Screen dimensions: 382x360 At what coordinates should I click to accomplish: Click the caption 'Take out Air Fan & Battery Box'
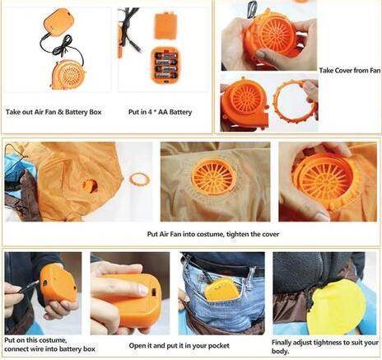click(54, 112)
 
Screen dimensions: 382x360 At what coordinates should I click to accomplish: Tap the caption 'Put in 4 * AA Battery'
click(160, 112)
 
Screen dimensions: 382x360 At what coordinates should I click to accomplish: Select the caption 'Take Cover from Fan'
click(350, 70)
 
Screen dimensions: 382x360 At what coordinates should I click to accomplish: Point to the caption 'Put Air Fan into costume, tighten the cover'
click(213, 234)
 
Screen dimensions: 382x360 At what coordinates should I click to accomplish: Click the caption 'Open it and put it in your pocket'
click(179, 345)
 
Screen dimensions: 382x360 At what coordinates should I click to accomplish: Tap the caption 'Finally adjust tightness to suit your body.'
click(325, 347)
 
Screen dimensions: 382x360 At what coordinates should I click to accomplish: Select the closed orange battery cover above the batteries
click(165, 26)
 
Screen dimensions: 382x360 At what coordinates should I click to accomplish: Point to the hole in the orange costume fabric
click(91, 186)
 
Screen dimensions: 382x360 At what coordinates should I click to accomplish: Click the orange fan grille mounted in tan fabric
click(213, 176)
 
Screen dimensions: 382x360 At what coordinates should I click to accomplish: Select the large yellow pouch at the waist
click(336, 307)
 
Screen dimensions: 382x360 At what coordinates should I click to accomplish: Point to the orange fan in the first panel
click(68, 75)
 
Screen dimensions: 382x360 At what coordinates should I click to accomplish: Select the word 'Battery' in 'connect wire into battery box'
click(68, 349)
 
